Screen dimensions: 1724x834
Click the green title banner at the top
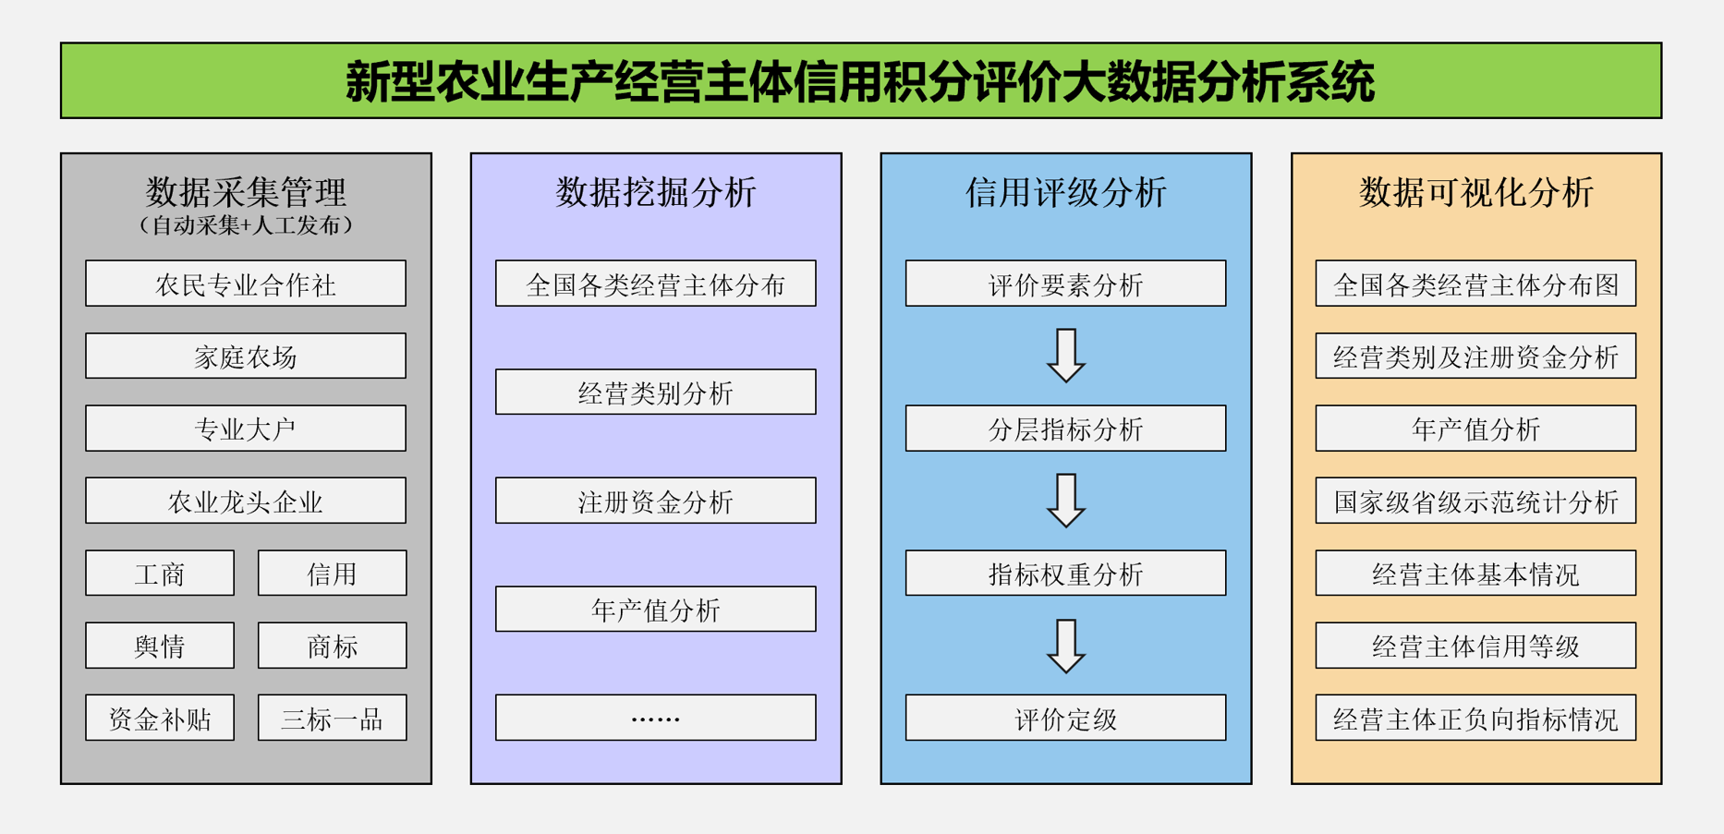pyautogui.click(x=861, y=80)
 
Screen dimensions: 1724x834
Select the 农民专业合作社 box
pyautogui.click(x=246, y=284)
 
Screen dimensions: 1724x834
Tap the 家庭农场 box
pyautogui.click(x=246, y=356)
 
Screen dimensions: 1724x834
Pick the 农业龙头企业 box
pyautogui.click(x=246, y=501)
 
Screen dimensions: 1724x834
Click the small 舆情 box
pyautogui.click(x=160, y=646)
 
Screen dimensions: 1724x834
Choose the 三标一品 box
pyautogui.click(x=333, y=718)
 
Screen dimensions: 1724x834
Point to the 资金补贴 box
pyautogui.click(x=160, y=718)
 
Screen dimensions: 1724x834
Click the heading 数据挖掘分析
pyautogui.click(x=656, y=192)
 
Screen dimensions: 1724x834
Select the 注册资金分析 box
pyautogui.click(x=656, y=501)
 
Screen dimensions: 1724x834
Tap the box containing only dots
pyautogui.click(x=656, y=718)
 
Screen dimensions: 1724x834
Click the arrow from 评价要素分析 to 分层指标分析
pyautogui.click(x=1066, y=356)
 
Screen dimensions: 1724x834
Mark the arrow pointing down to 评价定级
pyautogui.click(x=1066, y=646)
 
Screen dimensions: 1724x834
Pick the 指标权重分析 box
pyautogui.click(x=1066, y=573)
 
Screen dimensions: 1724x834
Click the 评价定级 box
pyautogui.click(x=1066, y=718)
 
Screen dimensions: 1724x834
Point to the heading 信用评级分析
pyautogui.click(x=1066, y=192)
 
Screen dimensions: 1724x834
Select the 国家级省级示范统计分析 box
pyautogui.click(x=1476, y=501)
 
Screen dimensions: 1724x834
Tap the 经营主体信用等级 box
pyautogui.click(x=1476, y=646)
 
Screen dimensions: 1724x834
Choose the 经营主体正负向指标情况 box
pyautogui.click(x=1476, y=718)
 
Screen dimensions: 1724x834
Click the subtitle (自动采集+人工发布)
pyautogui.click(x=246, y=225)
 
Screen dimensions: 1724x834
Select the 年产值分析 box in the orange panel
pyautogui.click(x=1476, y=429)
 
